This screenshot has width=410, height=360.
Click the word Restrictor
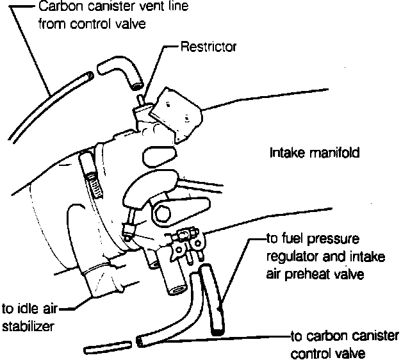pos(208,47)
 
